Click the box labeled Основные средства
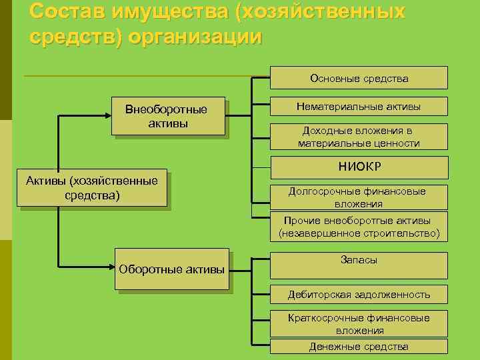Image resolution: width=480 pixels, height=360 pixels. coord(359,78)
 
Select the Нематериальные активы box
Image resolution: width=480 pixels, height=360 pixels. coord(359,106)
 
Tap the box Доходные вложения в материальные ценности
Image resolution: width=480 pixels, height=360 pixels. coord(359,137)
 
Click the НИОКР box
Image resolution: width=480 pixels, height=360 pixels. coord(359,167)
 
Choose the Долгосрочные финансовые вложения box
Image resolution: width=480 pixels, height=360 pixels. coord(359,197)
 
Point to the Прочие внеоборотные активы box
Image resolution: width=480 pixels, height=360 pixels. coord(359,227)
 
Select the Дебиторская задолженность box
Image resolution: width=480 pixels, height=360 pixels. coord(359,294)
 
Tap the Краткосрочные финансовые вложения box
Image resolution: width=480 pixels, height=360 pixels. coord(359,324)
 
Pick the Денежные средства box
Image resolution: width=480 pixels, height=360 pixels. coord(359,346)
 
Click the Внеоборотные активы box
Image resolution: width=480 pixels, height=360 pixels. coord(170,117)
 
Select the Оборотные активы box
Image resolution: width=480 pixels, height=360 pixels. coord(172,269)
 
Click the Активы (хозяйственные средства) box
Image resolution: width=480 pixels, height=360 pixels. coord(92,188)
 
